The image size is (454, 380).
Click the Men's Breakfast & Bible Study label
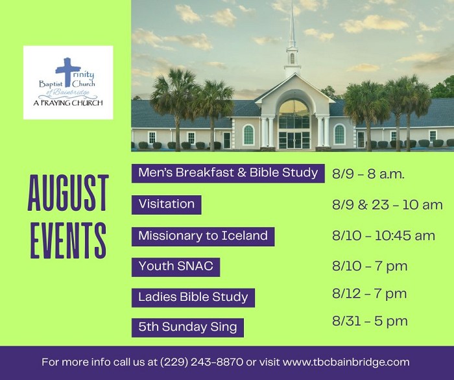[x=228, y=173]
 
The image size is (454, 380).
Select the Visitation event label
[x=167, y=205]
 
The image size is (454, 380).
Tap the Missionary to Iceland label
[x=203, y=236]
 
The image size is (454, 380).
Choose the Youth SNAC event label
[x=176, y=267]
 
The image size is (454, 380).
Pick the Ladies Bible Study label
[x=193, y=298]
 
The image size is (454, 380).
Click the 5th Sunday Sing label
[x=187, y=327]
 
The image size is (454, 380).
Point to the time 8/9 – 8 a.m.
[x=368, y=174]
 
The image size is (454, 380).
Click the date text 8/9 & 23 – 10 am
[x=387, y=205]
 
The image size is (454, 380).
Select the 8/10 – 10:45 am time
[x=383, y=235]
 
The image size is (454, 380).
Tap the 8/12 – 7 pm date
[x=370, y=294]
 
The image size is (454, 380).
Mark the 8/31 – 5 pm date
[x=370, y=321]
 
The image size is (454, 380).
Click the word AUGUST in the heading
[x=68, y=193]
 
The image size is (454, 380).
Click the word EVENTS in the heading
[x=68, y=240]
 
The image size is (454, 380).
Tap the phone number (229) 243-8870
[x=202, y=362]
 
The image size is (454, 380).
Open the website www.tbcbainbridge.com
[x=346, y=362]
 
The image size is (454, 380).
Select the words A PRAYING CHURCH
[x=68, y=102]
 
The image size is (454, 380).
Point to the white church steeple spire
[x=293, y=23]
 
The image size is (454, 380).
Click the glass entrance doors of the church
[x=294, y=141]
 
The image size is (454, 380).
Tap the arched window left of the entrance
[x=248, y=135]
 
